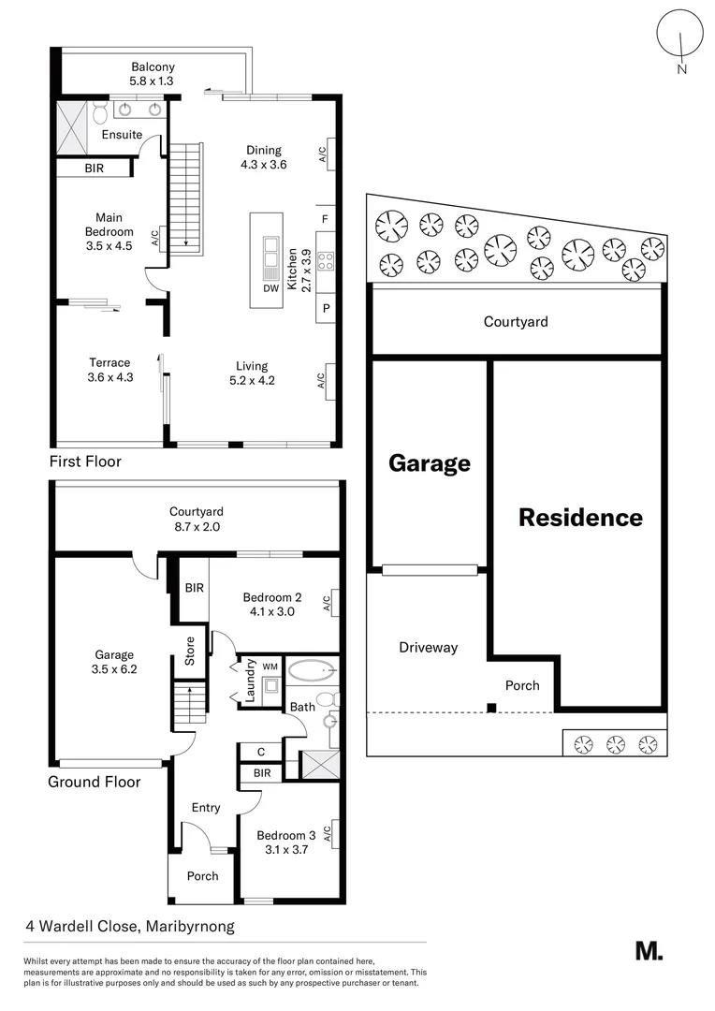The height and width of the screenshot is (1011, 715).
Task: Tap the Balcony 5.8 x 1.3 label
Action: (153, 74)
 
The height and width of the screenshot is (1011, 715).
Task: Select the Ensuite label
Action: (122, 135)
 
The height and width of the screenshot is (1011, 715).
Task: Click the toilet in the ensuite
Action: (99, 112)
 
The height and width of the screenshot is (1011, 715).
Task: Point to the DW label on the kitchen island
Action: (270, 288)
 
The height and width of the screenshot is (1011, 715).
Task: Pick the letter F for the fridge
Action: (325, 219)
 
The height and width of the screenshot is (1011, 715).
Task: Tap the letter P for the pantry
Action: (326, 307)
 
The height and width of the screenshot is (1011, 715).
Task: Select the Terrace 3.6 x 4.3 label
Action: (109, 370)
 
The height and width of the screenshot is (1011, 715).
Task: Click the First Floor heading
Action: (85, 462)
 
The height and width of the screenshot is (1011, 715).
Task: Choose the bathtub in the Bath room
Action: (311, 670)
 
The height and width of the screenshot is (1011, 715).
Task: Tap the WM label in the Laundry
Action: (270, 666)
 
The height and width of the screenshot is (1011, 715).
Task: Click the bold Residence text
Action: (580, 517)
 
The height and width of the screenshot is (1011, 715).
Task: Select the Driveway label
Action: (428, 647)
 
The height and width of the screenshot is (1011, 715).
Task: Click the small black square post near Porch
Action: (491, 708)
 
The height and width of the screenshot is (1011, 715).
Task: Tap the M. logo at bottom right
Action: (649, 950)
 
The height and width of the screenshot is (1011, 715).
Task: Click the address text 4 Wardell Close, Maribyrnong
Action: (129, 927)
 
